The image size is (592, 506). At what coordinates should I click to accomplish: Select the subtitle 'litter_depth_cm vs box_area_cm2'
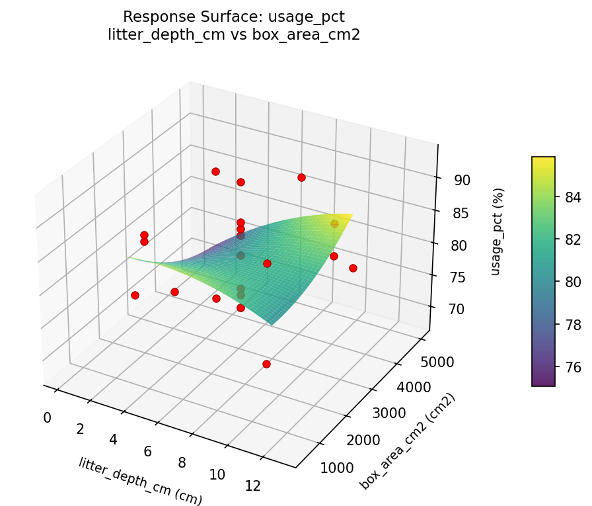coord(234,35)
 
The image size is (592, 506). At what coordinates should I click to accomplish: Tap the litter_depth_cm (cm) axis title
coord(140,481)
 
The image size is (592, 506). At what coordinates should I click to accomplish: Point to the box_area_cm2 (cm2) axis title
coord(408,441)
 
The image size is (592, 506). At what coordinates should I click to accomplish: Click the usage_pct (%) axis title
coord(499,232)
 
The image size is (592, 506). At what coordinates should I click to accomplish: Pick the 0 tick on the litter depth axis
coord(47,417)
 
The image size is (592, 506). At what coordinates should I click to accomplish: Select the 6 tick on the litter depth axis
coord(147,451)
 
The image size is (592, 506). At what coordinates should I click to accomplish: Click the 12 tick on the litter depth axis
coord(253,486)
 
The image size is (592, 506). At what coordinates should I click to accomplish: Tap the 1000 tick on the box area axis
coord(338,468)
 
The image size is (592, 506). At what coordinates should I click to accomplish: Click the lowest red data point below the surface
coord(266,364)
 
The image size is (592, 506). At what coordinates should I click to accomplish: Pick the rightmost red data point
coord(353,268)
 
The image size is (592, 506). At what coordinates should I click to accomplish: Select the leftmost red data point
coord(135,295)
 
